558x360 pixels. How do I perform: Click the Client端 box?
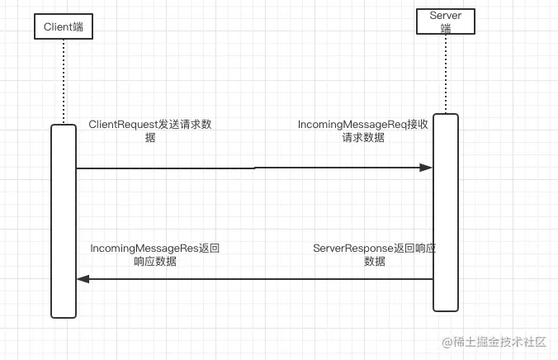coord(64,27)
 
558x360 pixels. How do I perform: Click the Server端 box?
coord(446,21)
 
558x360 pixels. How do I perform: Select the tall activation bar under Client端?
coord(64,220)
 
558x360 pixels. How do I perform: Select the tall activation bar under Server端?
coord(445,212)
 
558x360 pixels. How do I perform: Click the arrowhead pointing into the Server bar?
coord(426,168)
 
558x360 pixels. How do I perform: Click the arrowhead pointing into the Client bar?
coord(83,279)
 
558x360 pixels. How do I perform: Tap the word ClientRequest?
coord(123,125)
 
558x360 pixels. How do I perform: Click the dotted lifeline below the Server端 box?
coord(446,74)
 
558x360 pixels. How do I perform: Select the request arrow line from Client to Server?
coord(248,168)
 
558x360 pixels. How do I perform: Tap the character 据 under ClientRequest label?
coord(149,138)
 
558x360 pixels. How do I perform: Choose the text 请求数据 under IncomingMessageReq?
coord(363,138)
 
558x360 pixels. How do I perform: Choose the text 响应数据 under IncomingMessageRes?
coord(155,261)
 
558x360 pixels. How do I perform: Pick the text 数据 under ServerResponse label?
coord(374,261)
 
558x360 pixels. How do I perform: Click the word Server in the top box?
coord(446,16)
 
